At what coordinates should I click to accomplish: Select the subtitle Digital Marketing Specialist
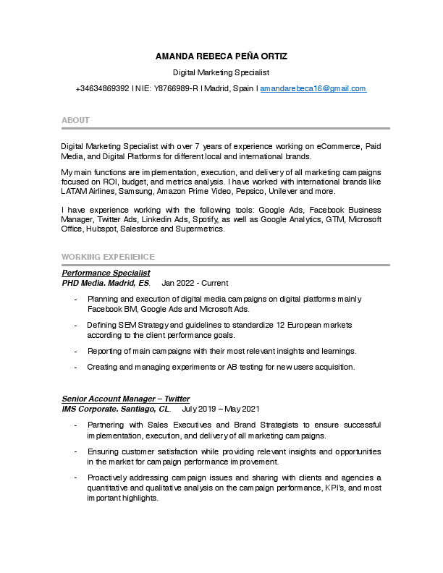coord(221,72)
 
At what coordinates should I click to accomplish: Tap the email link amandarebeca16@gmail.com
coord(313,88)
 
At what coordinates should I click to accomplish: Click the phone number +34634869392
coord(102,88)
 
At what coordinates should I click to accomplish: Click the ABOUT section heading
coord(75,120)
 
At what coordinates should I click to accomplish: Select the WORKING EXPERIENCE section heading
coord(108,257)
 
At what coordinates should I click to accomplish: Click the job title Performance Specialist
coord(106,273)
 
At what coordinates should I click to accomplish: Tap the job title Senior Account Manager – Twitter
coord(125,399)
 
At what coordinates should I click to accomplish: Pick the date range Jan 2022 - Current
coord(195,283)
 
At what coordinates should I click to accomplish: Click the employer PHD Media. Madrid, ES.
coord(106,283)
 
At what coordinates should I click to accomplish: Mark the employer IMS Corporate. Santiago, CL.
coord(116,409)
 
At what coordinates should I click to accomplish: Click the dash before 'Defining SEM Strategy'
coord(76,326)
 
